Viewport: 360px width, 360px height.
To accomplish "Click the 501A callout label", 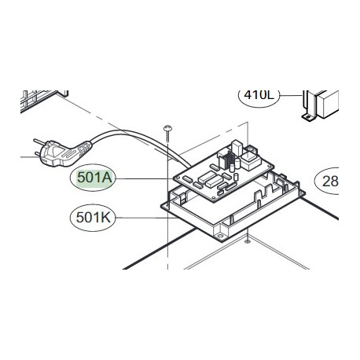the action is (x=93, y=178).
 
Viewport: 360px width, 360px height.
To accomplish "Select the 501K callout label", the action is (x=93, y=218).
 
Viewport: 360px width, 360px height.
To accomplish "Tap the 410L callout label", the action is (x=259, y=96).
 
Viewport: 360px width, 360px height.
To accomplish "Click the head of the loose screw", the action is (x=167, y=128).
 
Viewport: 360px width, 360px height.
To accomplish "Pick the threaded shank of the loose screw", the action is (x=167, y=137).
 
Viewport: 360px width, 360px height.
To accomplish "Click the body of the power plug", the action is (x=58, y=154).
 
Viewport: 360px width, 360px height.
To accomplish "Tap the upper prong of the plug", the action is (x=40, y=141).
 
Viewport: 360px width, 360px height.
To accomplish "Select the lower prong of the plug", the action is (x=38, y=153).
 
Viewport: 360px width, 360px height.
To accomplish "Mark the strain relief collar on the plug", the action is (x=84, y=150).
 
